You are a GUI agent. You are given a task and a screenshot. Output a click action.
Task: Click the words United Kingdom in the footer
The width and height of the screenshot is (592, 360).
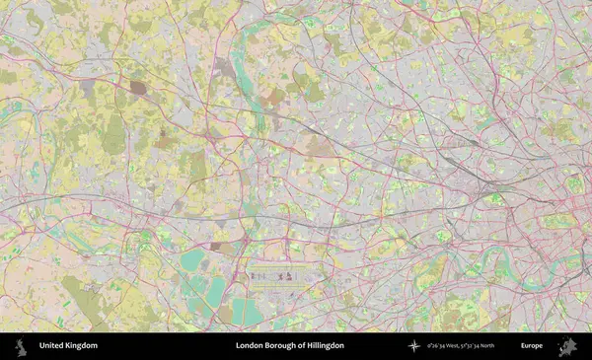[68, 346]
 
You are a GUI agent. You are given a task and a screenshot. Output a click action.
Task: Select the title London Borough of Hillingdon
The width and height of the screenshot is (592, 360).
[289, 346]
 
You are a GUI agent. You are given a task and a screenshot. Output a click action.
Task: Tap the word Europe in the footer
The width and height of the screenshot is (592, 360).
[532, 346]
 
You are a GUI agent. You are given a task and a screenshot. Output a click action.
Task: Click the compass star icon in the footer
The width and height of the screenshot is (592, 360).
[413, 346]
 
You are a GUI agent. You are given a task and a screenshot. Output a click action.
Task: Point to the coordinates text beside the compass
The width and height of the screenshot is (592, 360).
[459, 346]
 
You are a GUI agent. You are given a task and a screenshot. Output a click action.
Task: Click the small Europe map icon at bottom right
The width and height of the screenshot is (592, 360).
[567, 346]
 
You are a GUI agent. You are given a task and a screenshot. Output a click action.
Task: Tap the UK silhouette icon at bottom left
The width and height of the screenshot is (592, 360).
[21, 346]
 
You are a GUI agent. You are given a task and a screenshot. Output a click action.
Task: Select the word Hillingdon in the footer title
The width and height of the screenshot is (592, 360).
[323, 346]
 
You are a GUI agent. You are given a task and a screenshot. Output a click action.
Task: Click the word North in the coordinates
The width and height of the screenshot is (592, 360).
[486, 346]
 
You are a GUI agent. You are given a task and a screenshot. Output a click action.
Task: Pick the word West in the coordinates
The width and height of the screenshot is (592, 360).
[449, 346]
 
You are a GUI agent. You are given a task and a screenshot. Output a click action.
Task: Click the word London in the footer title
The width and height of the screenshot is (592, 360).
[249, 346]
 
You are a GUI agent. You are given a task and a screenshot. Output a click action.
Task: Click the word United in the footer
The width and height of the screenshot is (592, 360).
[52, 346]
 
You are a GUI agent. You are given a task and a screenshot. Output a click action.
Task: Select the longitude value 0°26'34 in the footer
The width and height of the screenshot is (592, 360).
[433, 346]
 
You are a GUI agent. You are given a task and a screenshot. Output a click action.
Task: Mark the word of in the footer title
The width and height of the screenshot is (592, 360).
[299, 346]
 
